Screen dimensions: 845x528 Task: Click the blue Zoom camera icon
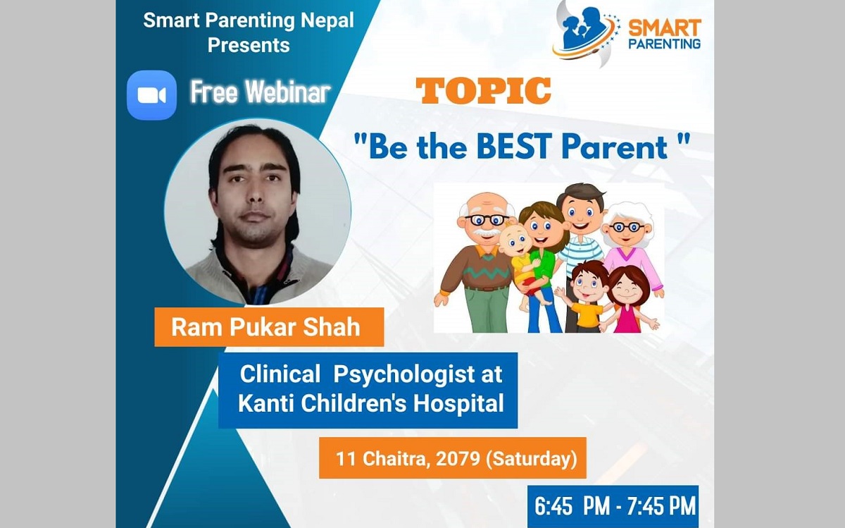[x=151, y=95]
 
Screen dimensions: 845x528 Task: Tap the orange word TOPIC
[x=483, y=91]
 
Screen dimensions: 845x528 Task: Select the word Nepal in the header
[x=327, y=20]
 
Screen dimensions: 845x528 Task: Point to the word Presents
[x=249, y=45]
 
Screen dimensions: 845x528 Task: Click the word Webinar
[x=288, y=92]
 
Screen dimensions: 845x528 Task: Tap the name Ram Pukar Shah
[x=266, y=327]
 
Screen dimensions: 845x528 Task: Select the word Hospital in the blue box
[x=458, y=403]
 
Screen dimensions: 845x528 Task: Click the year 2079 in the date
[x=458, y=458]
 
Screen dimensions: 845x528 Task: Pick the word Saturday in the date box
[x=532, y=459]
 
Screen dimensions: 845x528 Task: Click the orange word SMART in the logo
[x=664, y=28]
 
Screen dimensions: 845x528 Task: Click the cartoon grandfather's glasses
[x=487, y=219]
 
